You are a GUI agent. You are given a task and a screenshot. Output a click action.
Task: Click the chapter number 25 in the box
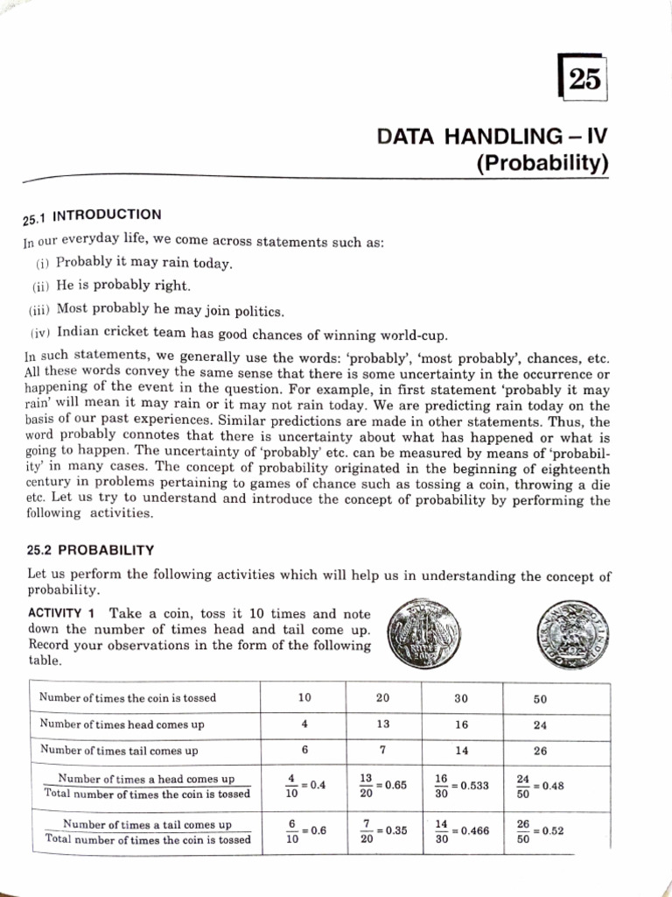584,81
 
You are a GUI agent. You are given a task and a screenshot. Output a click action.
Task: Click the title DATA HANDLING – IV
492,137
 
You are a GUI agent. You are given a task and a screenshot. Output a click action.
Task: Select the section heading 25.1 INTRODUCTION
92,215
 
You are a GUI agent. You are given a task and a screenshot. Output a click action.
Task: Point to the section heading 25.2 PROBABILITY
91,550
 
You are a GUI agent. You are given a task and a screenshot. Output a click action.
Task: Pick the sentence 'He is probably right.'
122,286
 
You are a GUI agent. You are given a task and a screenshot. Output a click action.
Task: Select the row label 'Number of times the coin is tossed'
127,698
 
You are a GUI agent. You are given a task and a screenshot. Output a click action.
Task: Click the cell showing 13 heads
382,724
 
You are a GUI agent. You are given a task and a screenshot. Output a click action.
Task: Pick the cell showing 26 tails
539,751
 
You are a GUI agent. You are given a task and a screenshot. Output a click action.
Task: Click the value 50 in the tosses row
540,699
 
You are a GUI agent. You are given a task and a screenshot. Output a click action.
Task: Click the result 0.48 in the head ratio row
553,786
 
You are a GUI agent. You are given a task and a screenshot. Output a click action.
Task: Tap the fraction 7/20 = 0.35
383,831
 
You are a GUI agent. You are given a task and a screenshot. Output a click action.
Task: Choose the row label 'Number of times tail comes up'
119,751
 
